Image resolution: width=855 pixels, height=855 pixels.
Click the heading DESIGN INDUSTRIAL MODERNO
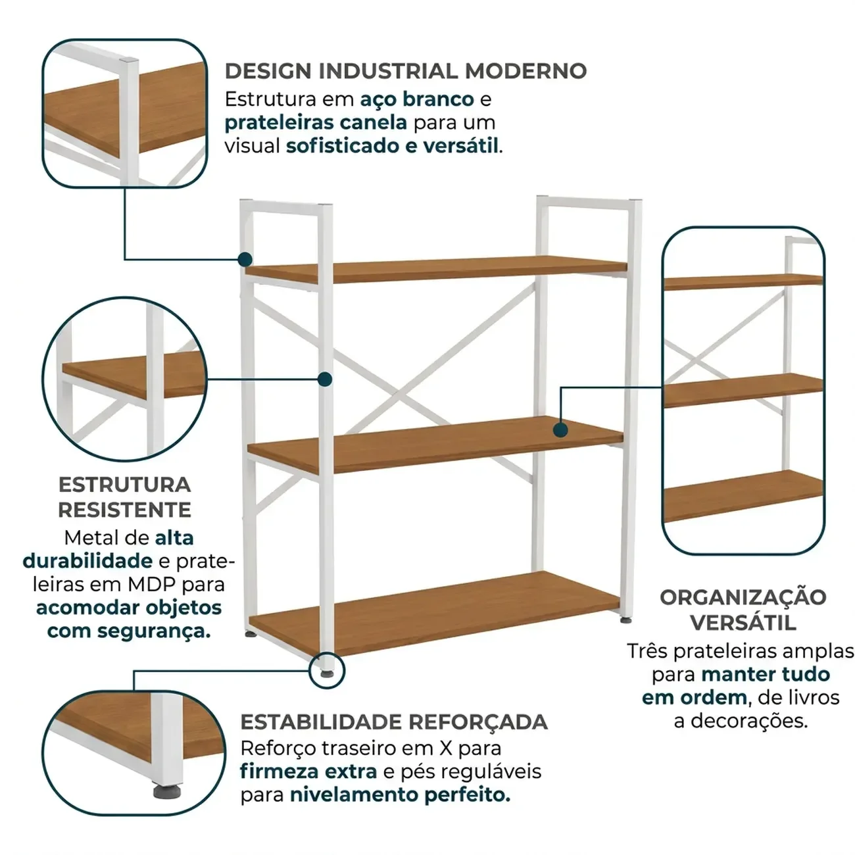coord(406,71)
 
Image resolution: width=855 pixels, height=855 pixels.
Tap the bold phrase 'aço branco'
coord(416,99)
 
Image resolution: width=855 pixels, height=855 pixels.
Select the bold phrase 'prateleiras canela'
coord(316,123)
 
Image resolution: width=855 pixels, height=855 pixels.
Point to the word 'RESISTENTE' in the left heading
coord(125,510)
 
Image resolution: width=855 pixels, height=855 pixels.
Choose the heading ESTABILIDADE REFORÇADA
coord(394,722)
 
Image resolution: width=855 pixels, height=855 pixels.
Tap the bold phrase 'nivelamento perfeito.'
coord(401,794)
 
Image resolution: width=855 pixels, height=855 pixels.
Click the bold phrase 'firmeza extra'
coord(308,771)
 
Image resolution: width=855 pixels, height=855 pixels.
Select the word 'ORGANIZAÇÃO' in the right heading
coord(743,597)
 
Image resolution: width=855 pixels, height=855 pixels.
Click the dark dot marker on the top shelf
coord(245,260)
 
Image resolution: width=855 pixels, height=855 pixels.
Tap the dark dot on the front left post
coord(325,379)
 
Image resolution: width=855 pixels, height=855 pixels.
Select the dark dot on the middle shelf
coord(560,430)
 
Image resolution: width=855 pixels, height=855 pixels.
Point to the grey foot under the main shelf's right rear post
coord(625,620)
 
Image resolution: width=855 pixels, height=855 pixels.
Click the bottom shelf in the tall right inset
coord(744,497)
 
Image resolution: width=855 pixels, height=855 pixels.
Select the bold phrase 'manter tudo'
coord(766,674)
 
